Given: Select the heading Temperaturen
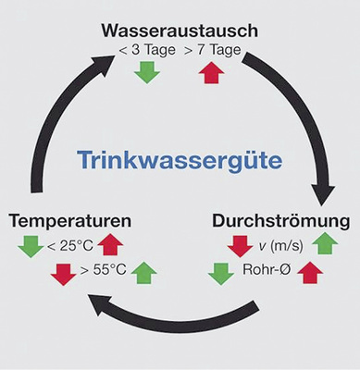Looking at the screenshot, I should (69, 222).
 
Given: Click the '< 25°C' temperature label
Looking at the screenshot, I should (69, 245).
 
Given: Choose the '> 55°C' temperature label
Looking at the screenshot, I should (103, 272).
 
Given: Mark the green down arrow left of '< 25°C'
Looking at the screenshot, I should (31, 246).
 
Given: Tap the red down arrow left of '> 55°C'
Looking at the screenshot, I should (64, 274).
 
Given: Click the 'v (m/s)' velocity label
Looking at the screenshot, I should (282, 245).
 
